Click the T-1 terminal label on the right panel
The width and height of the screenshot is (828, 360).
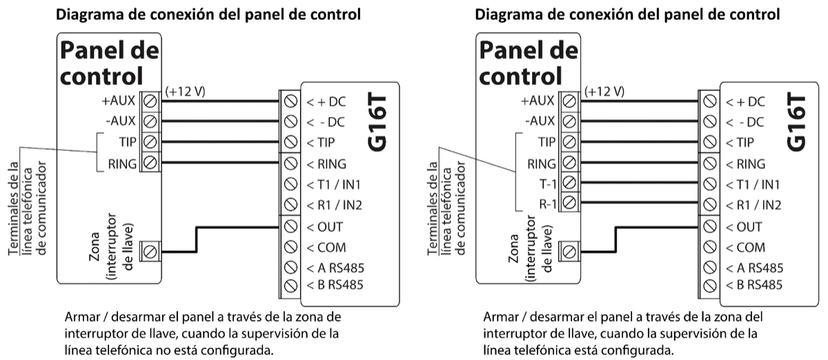(543, 183)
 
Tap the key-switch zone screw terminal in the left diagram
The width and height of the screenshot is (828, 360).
(149, 250)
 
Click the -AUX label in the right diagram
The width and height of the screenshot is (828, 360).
(542, 121)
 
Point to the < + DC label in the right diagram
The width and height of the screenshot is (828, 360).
(745, 101)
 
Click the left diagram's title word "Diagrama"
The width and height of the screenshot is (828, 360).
(87, 14)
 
